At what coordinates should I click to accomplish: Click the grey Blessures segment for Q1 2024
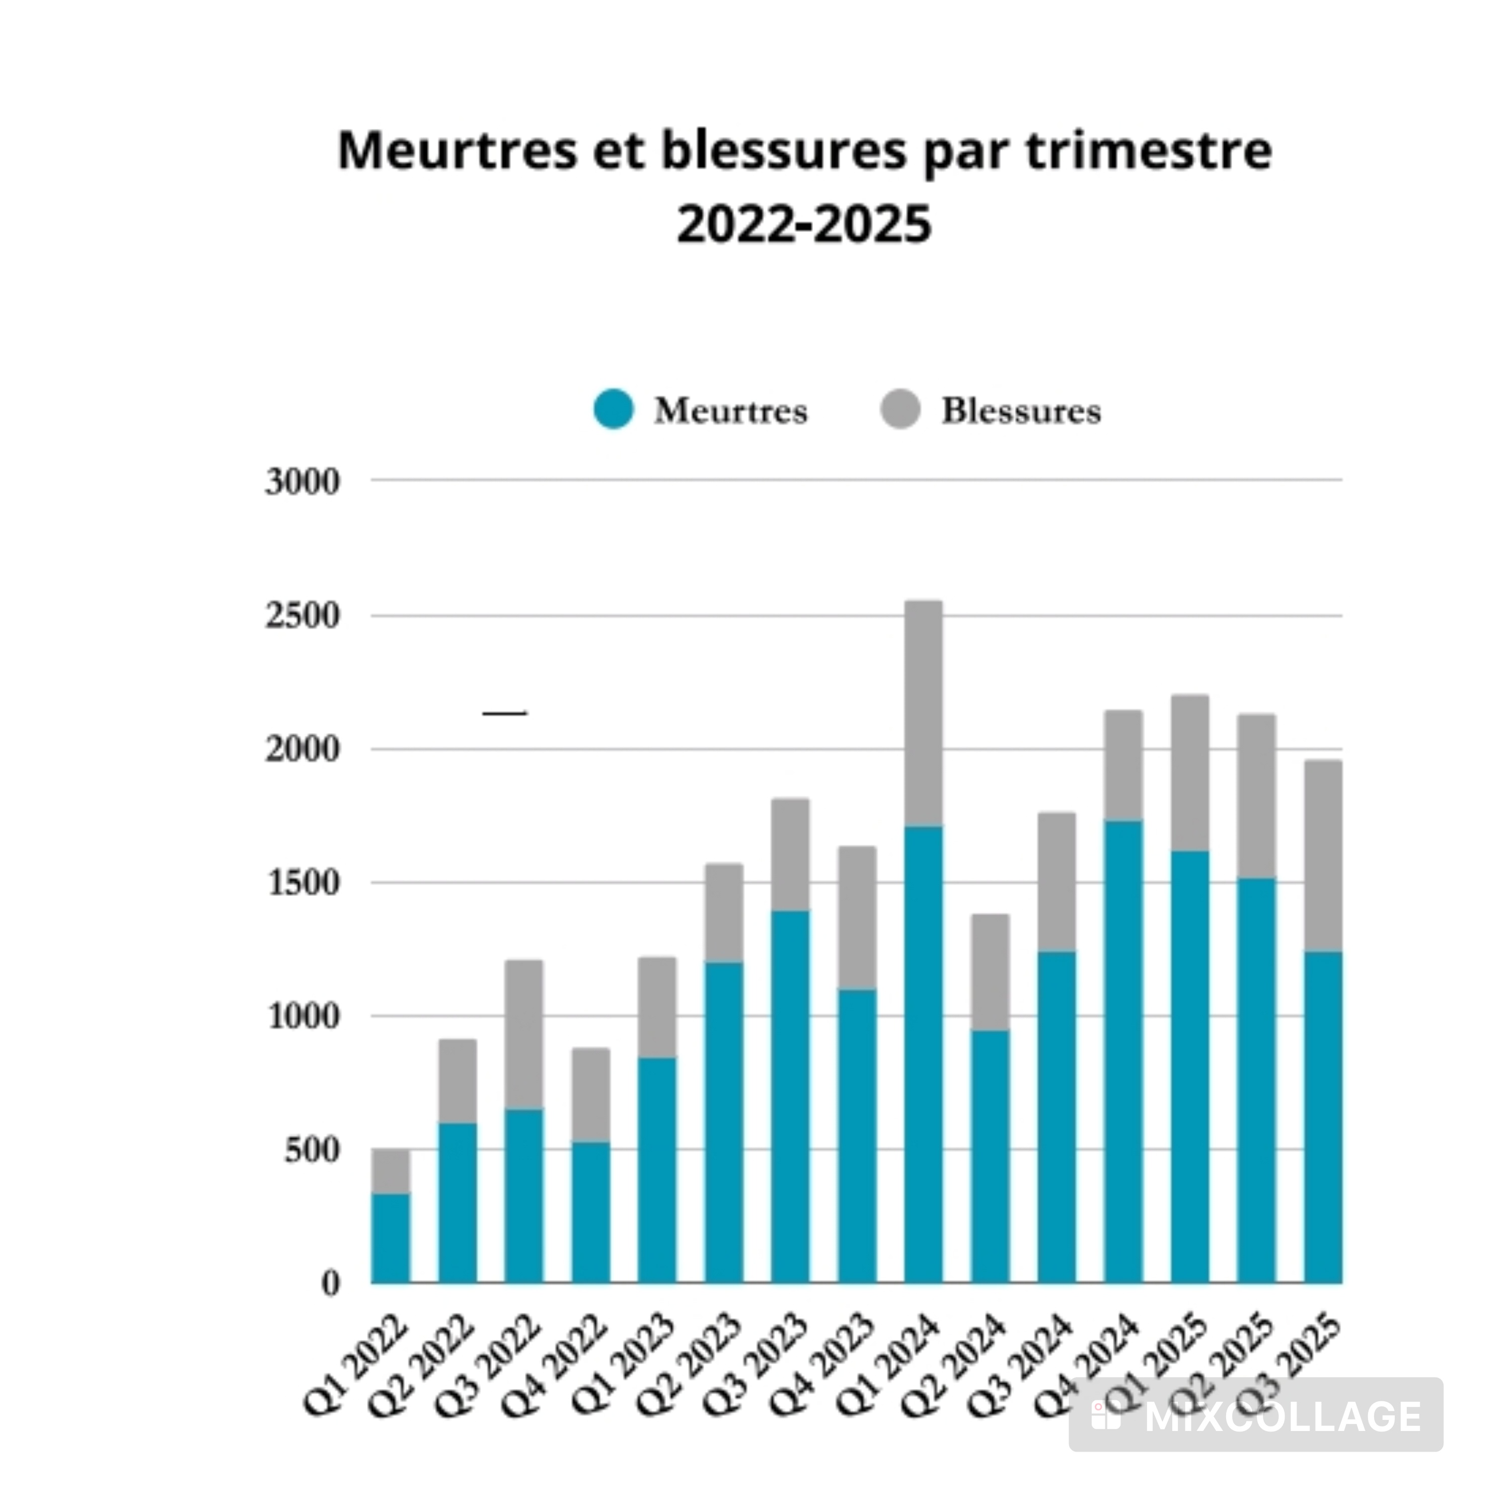point(923,713)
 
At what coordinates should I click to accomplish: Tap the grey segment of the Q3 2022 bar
point(523,1033)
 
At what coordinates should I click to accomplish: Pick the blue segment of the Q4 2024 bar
point(1123,1051)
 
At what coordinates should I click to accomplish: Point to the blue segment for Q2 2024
point(990,1157)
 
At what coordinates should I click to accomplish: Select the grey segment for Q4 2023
point(857,918)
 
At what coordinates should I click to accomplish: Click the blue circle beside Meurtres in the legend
point(614,409)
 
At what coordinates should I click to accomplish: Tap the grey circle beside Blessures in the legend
point(900,409)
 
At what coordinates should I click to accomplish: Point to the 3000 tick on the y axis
point(303,482)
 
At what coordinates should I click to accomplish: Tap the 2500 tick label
point(303,616)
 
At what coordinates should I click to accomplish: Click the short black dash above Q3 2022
point(505,713)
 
